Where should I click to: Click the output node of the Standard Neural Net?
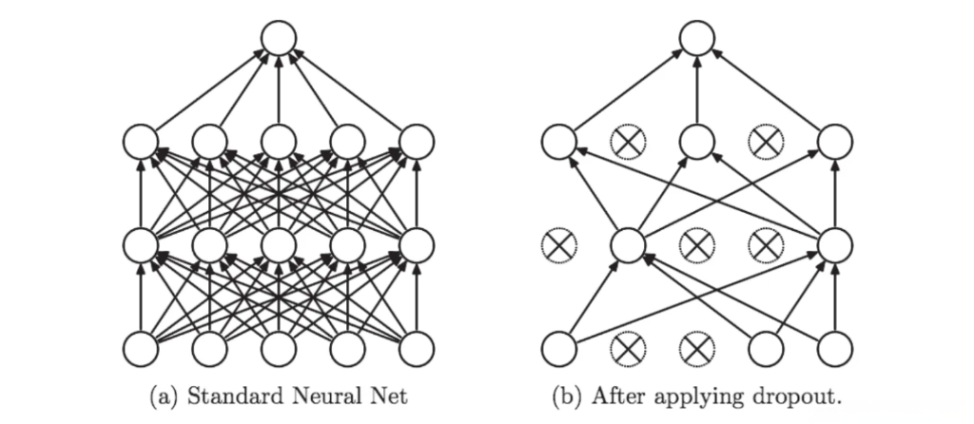(x=279, y=38)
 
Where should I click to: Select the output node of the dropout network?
(x=697, y=38)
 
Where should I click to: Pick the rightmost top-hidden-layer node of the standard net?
(x=417, y=143)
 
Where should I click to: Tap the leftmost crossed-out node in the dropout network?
(x=558, y=244)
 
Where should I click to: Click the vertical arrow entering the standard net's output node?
(x=279, y=90)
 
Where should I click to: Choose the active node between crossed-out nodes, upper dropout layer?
(x=697, y=143)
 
